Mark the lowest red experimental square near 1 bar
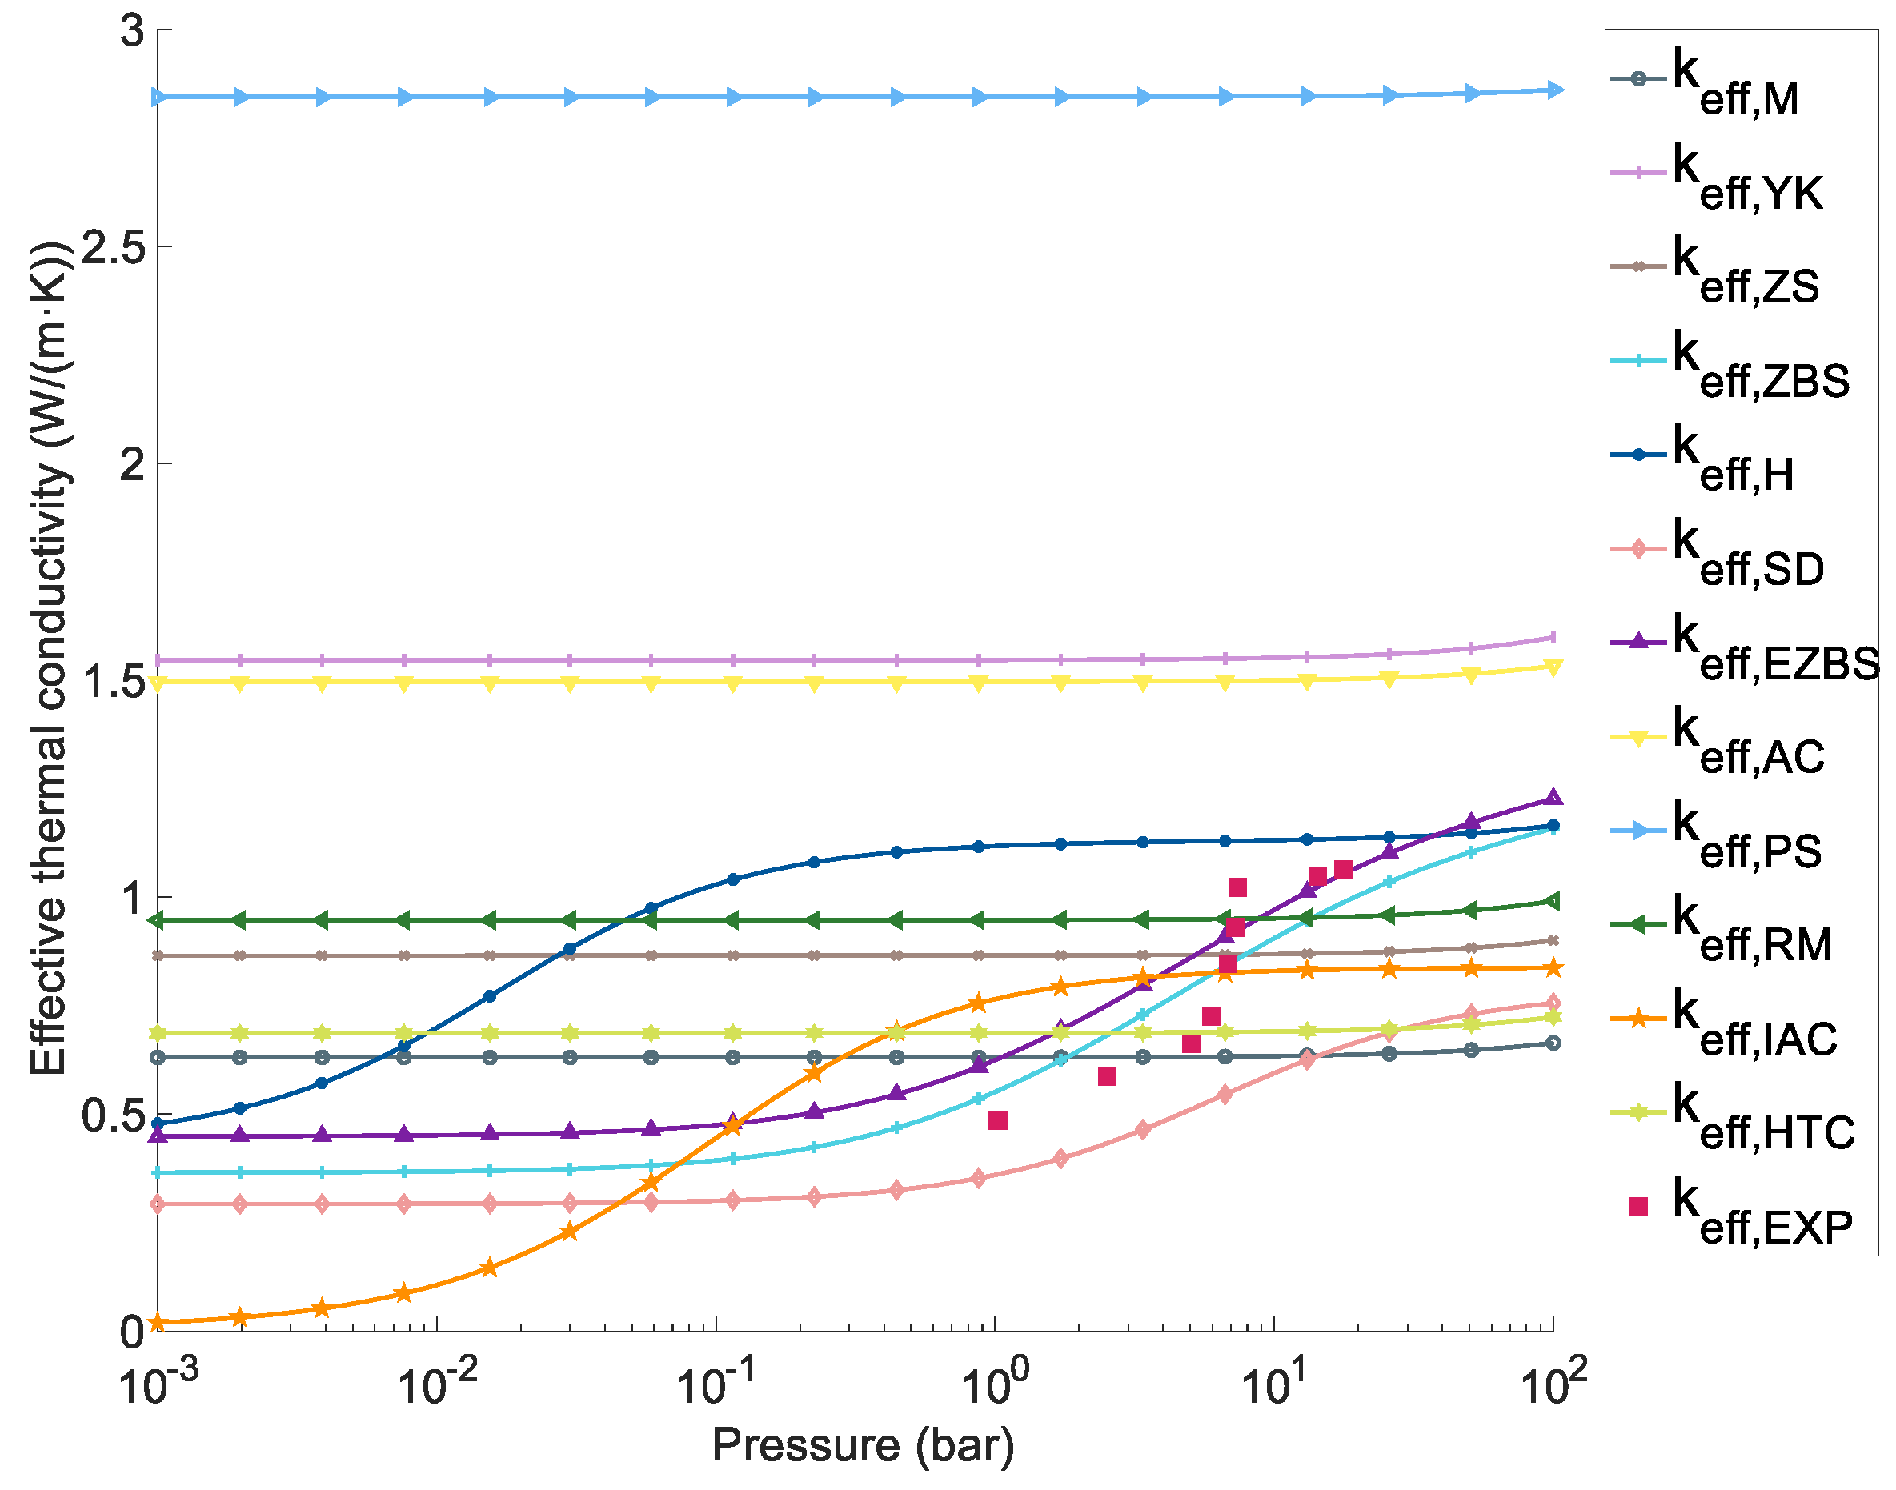point(998,1120)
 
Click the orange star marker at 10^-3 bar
point(158,1324)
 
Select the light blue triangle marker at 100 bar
point(1554,90)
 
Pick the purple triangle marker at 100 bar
point(1554,796)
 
